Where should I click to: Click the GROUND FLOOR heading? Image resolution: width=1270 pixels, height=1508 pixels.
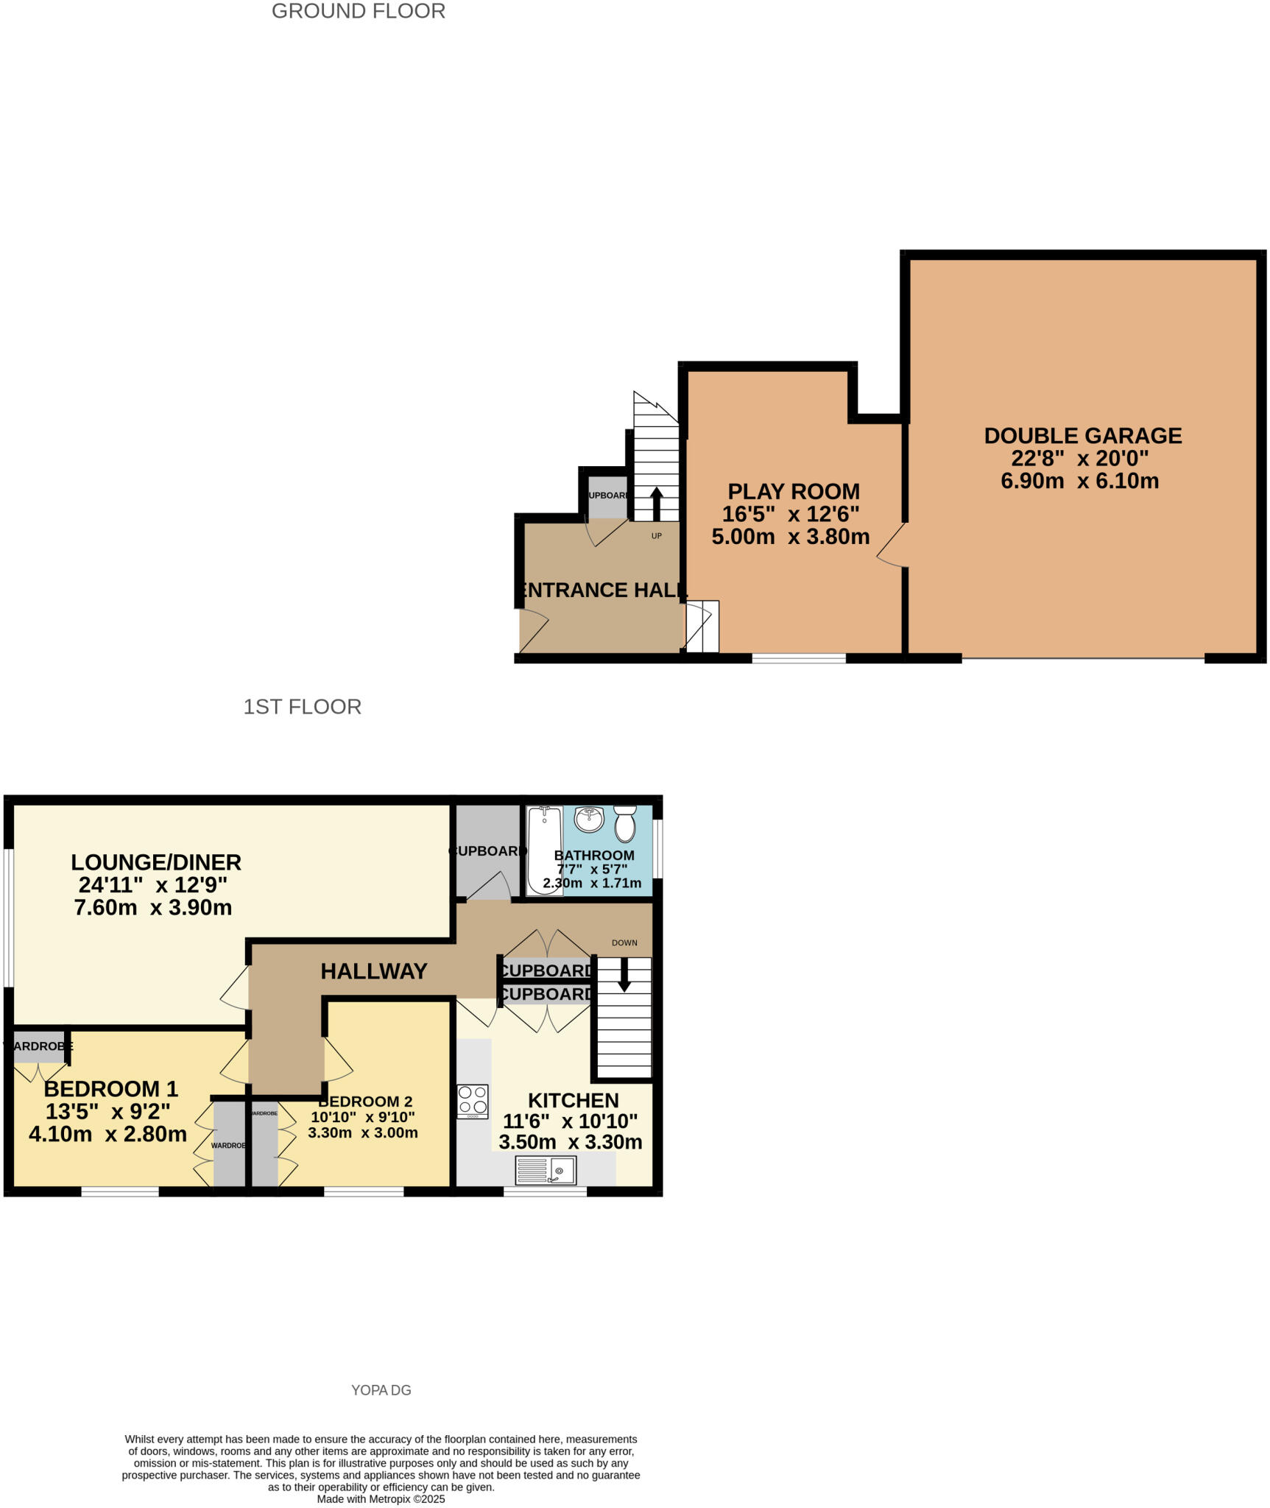click(358, 12)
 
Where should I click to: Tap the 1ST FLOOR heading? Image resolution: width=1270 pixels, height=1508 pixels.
click(302, 707)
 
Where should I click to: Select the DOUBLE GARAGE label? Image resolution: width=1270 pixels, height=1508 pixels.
click(1082, 436)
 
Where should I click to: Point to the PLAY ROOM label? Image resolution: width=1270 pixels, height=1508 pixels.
click(793, 492)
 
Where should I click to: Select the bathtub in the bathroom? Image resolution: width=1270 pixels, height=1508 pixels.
click(544, 850)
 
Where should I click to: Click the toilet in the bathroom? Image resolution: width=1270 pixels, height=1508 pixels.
click(625, 823)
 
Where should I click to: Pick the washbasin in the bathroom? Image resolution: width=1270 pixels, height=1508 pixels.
click(588, 818)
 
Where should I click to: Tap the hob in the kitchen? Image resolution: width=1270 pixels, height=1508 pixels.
click(472, 1102)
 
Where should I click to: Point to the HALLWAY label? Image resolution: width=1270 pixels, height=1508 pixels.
click(374, 971)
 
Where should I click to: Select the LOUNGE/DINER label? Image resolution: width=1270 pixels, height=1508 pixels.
click(156, 862)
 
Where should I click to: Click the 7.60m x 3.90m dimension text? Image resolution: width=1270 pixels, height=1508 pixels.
click(153, 908)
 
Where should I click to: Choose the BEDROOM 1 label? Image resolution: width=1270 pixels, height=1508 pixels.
click(111, 1089)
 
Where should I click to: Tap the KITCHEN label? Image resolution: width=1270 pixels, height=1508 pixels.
click(573, 1101)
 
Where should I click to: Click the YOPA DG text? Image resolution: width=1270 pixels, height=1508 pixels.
click(381, 1390)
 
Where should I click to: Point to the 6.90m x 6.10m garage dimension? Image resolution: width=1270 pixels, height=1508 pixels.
click(1079, 482)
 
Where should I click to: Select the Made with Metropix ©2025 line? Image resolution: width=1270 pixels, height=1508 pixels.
click(381, 1499)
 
